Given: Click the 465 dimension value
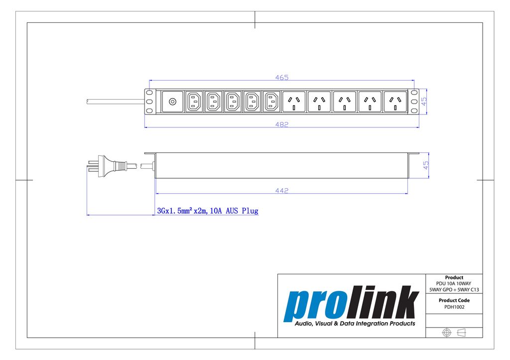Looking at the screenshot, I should point(282,77).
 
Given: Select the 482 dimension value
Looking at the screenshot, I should point(282,124).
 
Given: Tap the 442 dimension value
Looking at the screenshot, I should point(282,190).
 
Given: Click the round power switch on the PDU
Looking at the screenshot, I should point(172,102).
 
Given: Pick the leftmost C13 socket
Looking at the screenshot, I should point(194,102).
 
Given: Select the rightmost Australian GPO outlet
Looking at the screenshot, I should point(395,102).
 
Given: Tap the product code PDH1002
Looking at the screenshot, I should point(454,307).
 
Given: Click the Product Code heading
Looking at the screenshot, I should point(454,300).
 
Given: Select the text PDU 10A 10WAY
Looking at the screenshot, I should point(454,283).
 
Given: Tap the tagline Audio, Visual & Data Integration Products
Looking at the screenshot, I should point(355,324).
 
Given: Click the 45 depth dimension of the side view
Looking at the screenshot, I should point(426,165).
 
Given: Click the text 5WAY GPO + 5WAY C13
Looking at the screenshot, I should point(454,289).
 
